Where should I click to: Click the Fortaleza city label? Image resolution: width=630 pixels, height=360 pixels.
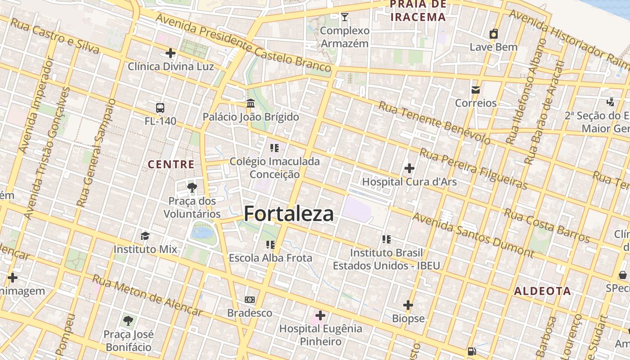click(x=289, y=214)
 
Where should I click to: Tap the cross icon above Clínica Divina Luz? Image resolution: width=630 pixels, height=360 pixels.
click(x=171, y=53)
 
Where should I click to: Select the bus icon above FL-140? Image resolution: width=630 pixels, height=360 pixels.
click(x=160, y=108)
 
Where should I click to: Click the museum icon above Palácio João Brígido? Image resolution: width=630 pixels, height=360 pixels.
click(x=251, y=103)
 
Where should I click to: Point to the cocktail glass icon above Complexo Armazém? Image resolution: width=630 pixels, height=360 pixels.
click(x=345, y=17)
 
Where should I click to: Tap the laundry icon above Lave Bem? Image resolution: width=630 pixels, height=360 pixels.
click(x=494, y=34)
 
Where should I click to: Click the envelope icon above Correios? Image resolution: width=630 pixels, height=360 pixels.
click(x=476, y=90)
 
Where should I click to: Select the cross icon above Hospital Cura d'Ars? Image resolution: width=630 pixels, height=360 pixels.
click(x=409, y=168)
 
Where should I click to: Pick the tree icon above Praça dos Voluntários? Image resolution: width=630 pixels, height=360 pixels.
click(x=192, y=187)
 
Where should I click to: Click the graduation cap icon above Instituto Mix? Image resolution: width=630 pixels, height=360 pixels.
click(x=145, y=236)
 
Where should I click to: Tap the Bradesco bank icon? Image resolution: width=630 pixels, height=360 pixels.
click(x=249, y=300)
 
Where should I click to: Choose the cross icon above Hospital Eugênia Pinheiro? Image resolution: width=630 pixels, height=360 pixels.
click(x=320, y=315)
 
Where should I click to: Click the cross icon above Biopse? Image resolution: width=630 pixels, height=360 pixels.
click(x=408, y=305)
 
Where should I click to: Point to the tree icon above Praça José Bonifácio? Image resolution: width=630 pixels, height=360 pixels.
click(x=128, y=321)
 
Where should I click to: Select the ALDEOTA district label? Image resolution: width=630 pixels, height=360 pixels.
click(x=543, y=291)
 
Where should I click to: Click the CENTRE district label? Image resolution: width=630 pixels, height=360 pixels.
click(x=171, y=165)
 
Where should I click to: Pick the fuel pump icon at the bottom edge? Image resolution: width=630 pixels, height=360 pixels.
click(x=472, y=351)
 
